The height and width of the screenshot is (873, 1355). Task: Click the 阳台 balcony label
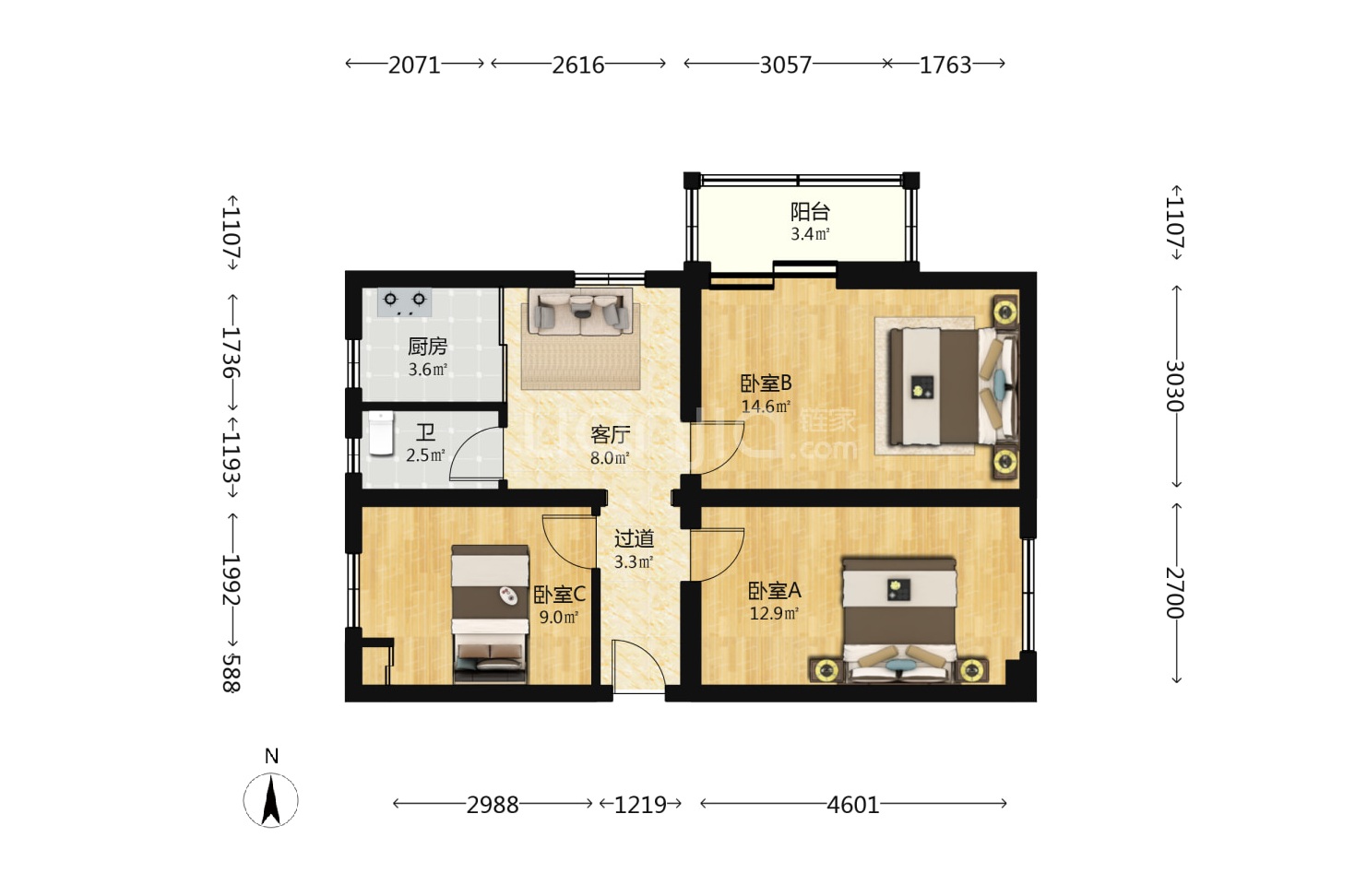(810, 212)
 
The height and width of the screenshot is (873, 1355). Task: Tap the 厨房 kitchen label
(427, 347)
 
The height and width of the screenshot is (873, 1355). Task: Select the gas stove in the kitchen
(405, 301)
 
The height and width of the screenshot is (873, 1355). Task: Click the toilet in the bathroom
(381, 433)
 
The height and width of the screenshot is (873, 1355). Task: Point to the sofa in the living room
(581, 312)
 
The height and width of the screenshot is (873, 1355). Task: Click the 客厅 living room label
(611, 435)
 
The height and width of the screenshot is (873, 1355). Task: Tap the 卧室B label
(766, 383)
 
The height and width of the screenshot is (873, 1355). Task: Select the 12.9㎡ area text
(774, 614)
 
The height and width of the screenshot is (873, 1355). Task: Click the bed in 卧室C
(491, 614)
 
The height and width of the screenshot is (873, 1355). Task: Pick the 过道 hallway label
(634, 538)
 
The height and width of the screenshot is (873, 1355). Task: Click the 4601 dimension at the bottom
(853, 805)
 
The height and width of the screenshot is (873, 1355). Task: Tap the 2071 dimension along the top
(414, 65)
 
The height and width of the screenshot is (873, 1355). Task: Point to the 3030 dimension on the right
(1175, 385)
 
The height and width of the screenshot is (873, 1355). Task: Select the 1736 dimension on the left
(232, 352)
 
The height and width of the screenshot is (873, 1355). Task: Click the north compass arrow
(271, 800)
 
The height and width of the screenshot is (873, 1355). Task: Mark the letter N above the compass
(271, 756)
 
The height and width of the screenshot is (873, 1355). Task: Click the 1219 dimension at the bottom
(640, 805)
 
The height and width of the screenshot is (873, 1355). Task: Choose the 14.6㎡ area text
(766, 407)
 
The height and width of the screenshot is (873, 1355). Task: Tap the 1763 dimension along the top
(945, 65)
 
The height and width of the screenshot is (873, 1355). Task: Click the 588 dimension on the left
(232, 672)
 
